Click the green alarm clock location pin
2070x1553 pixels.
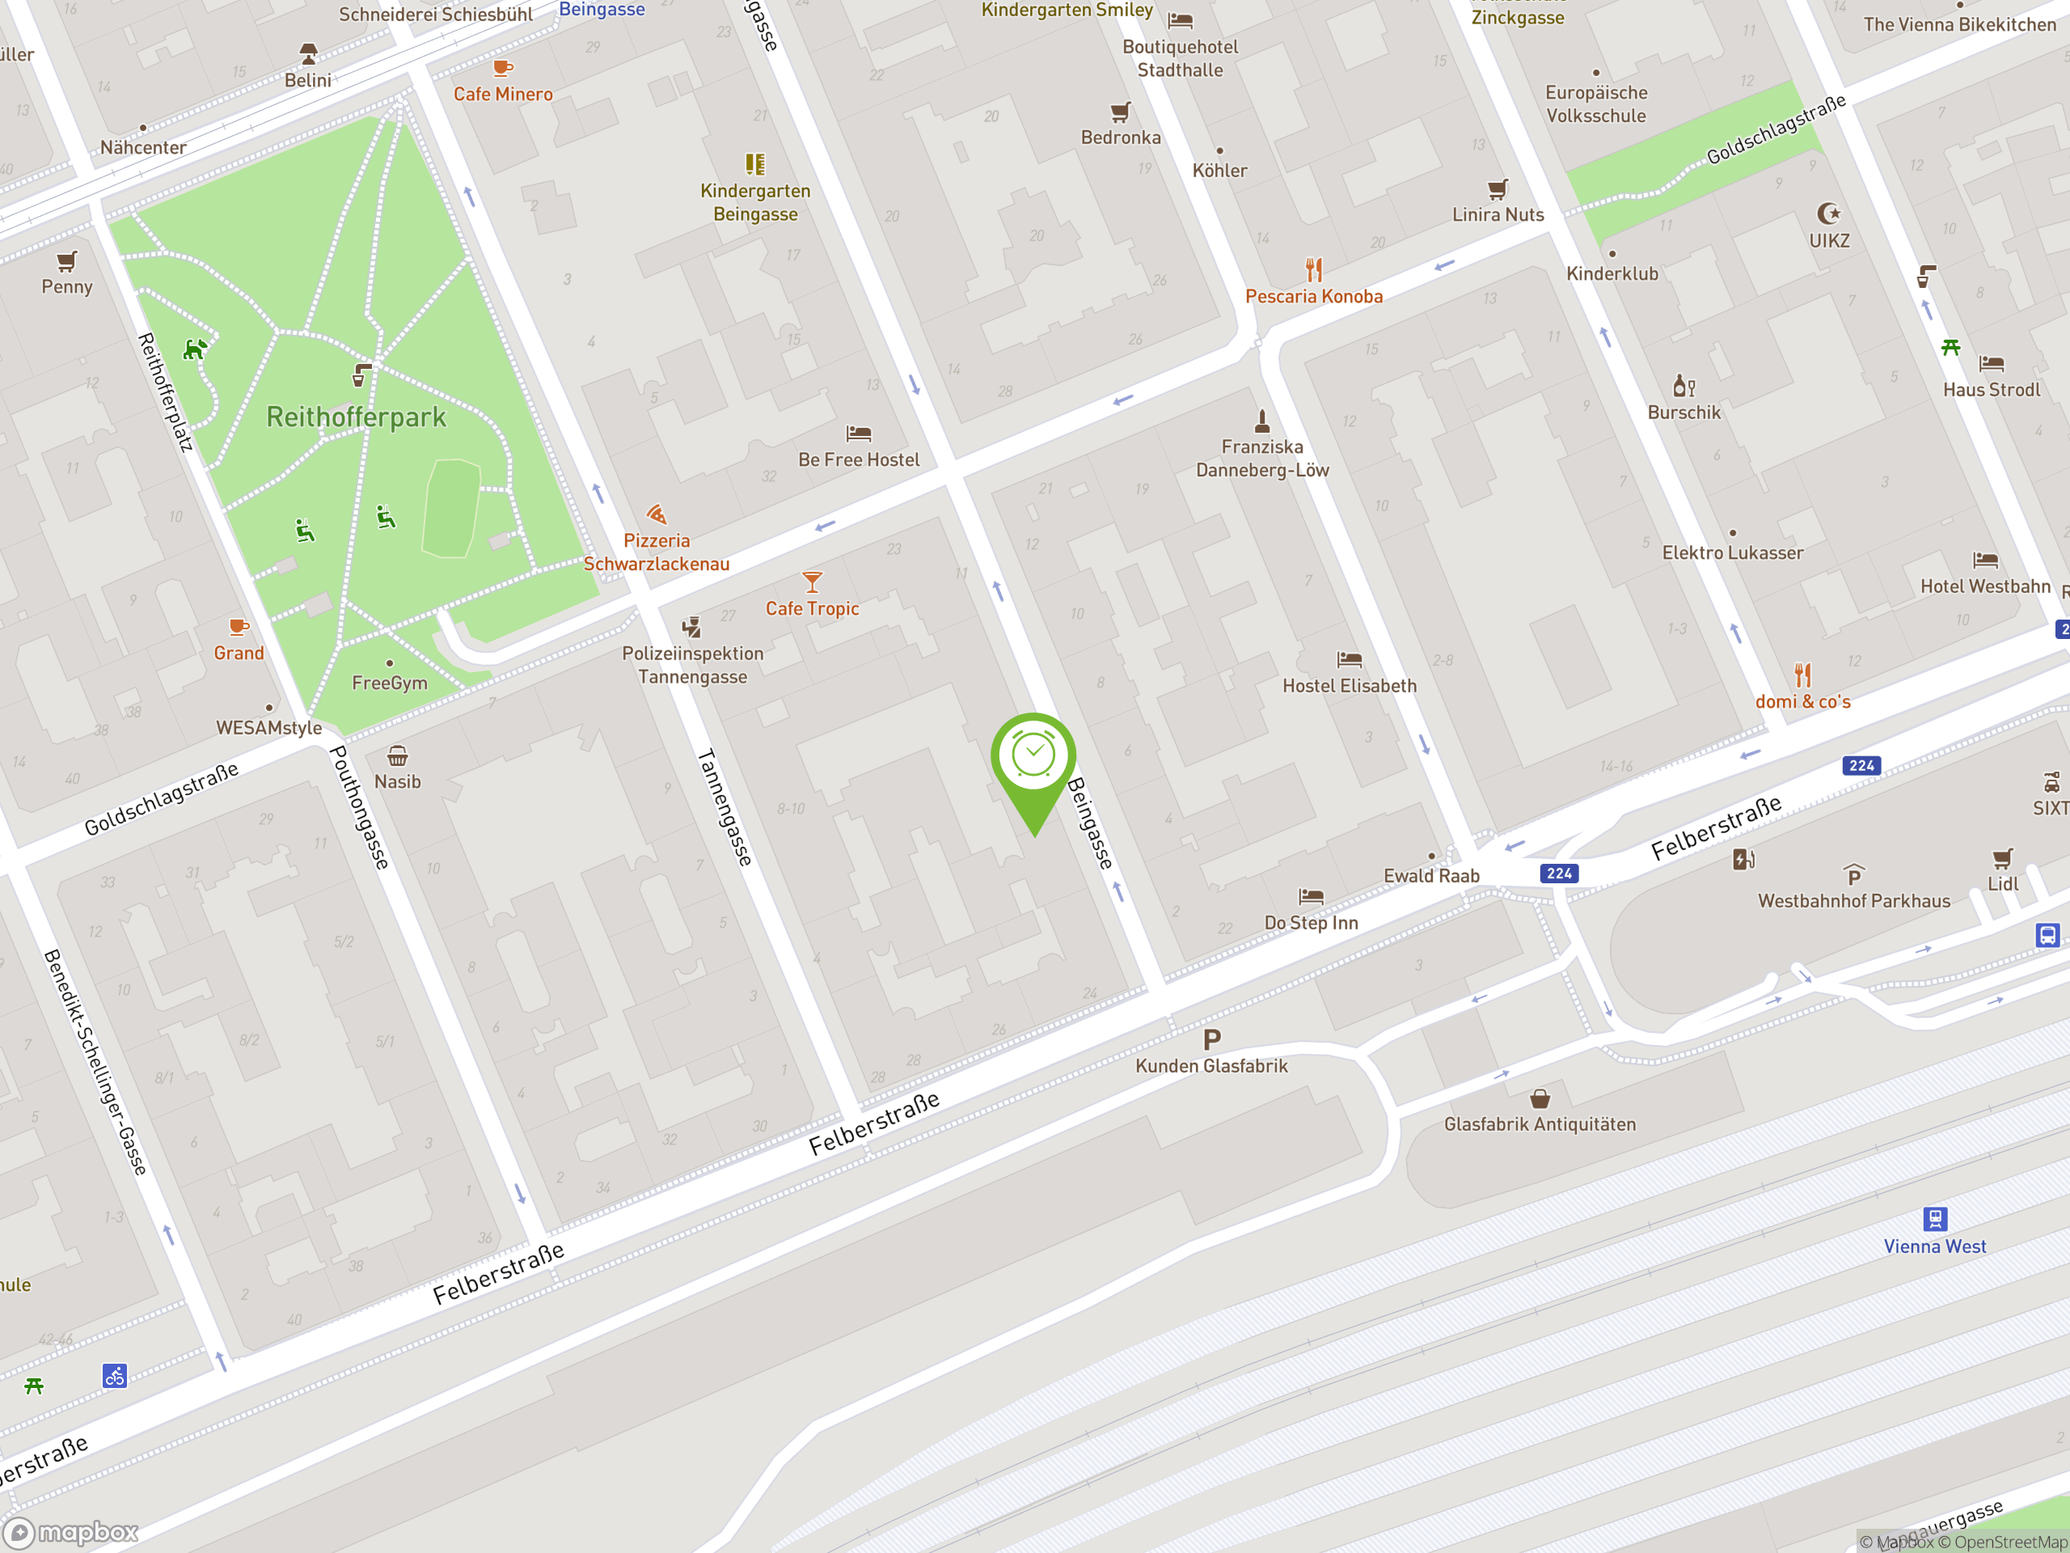click(x=1033, y=758)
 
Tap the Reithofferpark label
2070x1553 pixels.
click(x=356, y=417)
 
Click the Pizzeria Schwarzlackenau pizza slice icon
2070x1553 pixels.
click(x=656, y=514)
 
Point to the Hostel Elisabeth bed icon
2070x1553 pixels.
click(x=1349, y=659)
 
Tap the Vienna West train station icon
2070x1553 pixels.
click(x=1934, y=1218)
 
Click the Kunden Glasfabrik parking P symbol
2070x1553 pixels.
click(x=1212, y=1039)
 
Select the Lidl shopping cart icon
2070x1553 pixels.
click(x=2002, y=857)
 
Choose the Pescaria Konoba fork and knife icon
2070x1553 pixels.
click(x=1314, y=270)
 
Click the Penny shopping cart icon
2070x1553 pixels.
click(x=66, y=261)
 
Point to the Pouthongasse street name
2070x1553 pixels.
click(x=359, y=807)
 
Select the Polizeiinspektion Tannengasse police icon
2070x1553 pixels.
click(x=691, y=626)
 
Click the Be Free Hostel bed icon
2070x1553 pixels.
click(x=858, y=434)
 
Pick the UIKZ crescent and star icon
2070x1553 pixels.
click(x=1827, y=214)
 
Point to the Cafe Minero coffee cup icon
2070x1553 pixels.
click(x=502, y=68)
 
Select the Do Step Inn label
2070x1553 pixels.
click(x=1310, y=922)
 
